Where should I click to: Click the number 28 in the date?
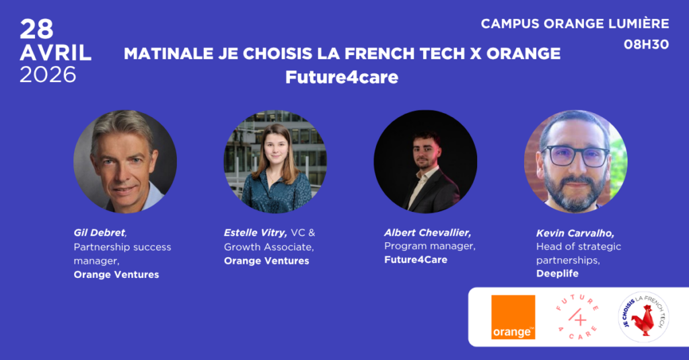(36, 29)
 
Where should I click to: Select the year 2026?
(48, 75)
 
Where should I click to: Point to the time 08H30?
(647, 46)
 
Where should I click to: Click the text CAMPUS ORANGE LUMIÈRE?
(575, 24)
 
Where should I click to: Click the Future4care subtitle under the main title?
(342, 77)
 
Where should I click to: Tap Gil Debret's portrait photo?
(125, 161)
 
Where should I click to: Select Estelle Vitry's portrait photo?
(275, 161)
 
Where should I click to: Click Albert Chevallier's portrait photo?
(425, 161)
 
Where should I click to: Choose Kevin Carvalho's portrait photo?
(575, 161)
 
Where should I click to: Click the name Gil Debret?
(99, 233)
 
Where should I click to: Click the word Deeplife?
(557, 273)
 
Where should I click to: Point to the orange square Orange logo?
(513, 317)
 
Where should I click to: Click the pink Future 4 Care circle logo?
(577, 317)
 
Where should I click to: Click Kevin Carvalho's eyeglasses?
(575, 157)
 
